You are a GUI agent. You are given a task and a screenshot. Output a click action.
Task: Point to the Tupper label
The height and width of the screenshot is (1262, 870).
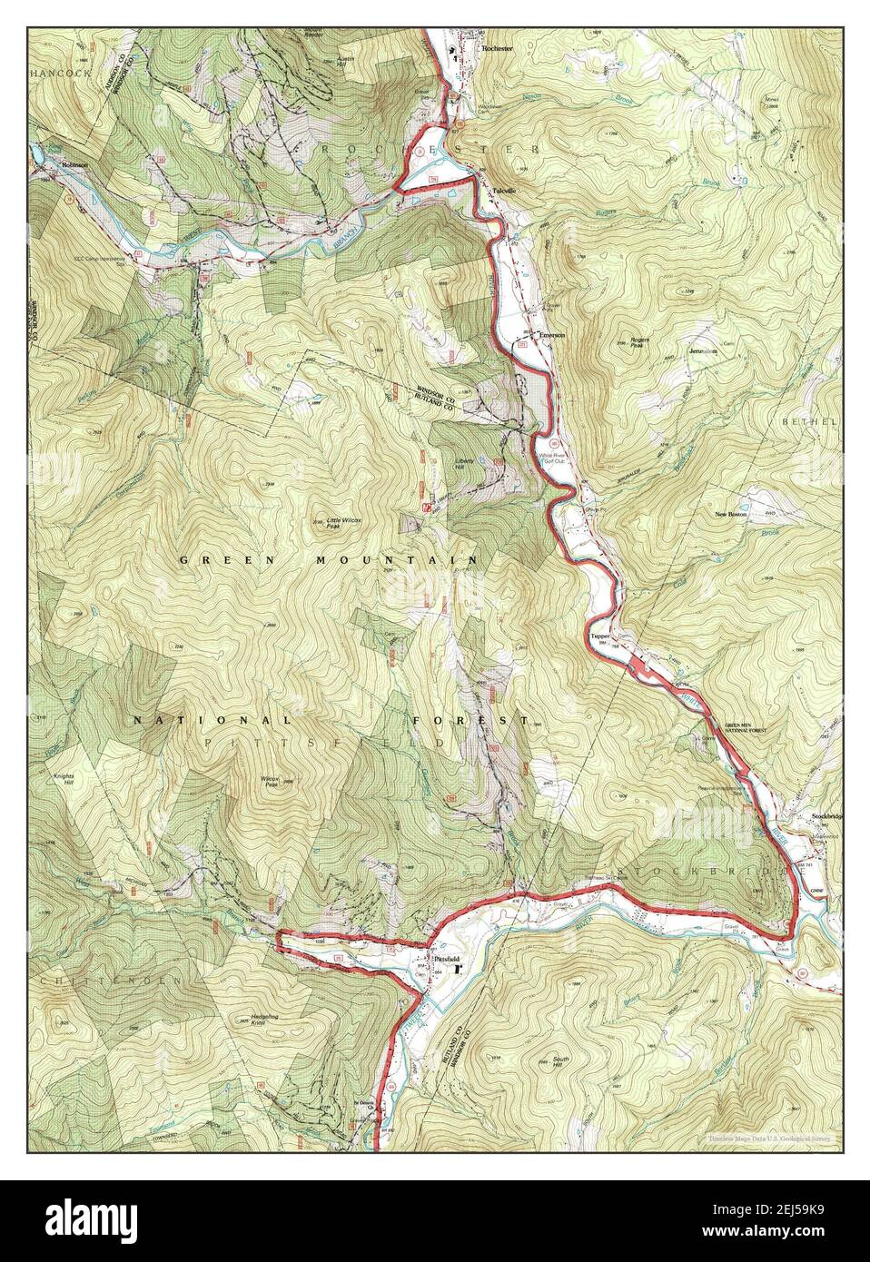[599, 636]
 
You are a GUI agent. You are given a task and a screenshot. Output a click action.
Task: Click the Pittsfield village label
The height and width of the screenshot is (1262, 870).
[447, 959]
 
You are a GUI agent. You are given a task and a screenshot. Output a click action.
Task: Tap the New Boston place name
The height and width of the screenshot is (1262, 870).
[733, 515]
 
